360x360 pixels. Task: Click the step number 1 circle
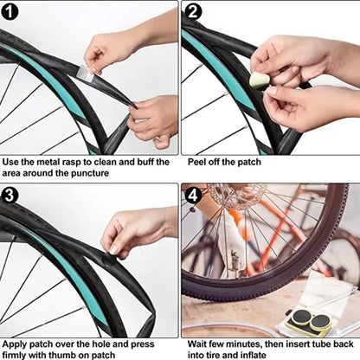tap(10, 11)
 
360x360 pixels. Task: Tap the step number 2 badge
tap(194, 11)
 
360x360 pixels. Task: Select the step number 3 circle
tap(10, 195)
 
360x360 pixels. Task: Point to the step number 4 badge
tap(194, 195)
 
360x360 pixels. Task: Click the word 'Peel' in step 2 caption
tap(198, 162)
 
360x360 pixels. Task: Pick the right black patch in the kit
tap(322, 323)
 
